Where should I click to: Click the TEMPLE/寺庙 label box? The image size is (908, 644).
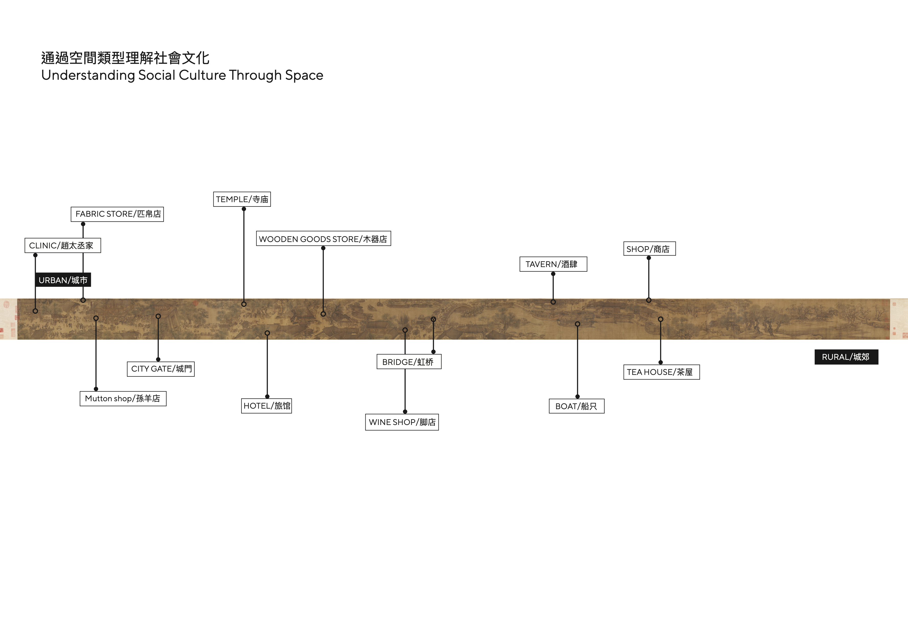point(242,199)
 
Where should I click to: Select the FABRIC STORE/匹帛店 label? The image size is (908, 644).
point(117,214)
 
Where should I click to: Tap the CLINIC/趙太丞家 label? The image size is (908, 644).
point(63,246)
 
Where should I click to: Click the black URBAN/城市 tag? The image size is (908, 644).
point(63,280)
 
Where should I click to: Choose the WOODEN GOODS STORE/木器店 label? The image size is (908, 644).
point(323,239)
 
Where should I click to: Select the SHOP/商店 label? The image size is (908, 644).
point(649,249)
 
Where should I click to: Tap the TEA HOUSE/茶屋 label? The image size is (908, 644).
point(661,372)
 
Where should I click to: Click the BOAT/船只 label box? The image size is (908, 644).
point(576,406)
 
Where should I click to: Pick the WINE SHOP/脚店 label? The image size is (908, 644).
point(402,422)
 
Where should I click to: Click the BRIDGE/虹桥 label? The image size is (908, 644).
point(409,362)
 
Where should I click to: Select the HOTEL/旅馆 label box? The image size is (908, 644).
point(266,406)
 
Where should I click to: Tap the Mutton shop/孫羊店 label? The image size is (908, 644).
point(123,398)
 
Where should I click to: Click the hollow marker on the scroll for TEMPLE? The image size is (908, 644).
point(244,304)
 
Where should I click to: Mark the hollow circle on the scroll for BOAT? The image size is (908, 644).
point(577,324)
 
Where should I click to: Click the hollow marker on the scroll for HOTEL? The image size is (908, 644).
point(267,333)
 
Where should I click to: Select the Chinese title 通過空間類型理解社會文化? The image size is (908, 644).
point(125,58)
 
